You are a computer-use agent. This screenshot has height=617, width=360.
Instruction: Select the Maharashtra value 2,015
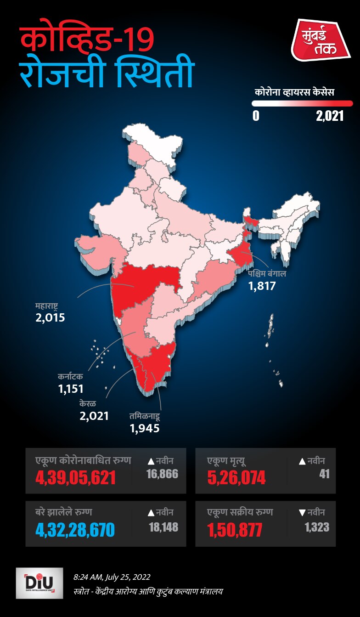pyautogui.click(x=51, y=317)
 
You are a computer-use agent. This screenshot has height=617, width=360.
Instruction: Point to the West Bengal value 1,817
pyautogui.click(x=262, y=286)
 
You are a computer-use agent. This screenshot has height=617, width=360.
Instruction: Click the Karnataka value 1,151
pyautogui.click(x=71, y=389)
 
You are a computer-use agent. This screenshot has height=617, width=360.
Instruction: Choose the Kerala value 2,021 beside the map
pyautogui.click(x=94, y=416)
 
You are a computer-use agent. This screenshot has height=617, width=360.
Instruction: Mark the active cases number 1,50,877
pyautogui.click(x=235, y=530)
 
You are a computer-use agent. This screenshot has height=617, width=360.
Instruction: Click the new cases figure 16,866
pyautogui.click(x=162, y=474)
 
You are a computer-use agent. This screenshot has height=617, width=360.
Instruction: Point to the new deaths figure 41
pyautogui.click(x=324, y=474)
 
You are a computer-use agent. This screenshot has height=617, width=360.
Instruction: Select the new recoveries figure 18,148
pyautogui.click(x=163, y=526)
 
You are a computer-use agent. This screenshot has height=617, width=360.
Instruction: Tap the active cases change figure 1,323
pyautogui.click(x=317, y=526)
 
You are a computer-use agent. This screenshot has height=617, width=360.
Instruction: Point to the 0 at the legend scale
pyautogui.click(x=256, y=116)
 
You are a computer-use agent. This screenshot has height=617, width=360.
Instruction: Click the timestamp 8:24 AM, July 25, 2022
pyautogui.click(x=112, y=577)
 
